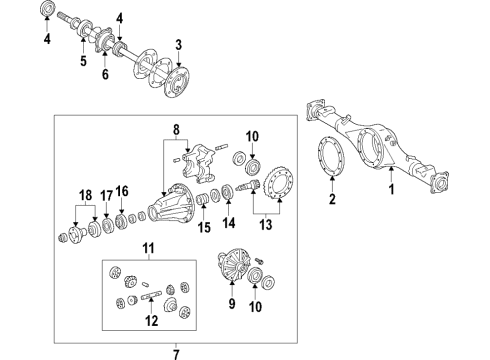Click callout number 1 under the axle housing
(x=391, y=188)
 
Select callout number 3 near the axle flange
(x=177, y=44)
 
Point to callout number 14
(x=228, y=225)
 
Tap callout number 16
(x=123, y=191)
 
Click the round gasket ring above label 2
(x=329, y=161)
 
